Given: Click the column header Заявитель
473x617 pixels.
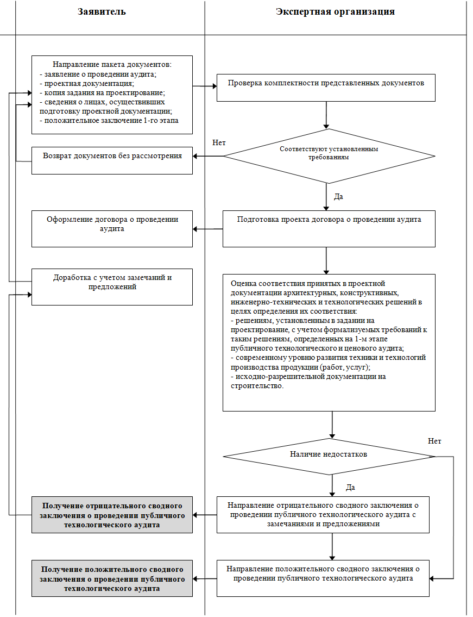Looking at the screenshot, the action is click(x=102, y=12).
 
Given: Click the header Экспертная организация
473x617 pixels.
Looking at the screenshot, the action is click(x=335, y=12).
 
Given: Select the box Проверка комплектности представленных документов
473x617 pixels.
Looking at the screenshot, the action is click(x=326, y=88).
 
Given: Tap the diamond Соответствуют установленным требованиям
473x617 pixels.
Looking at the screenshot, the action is click(x=329, y=156).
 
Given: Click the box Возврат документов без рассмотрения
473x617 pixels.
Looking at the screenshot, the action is click(x=112, y=160).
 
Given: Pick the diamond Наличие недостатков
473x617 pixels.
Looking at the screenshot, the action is click(x=329, y=457).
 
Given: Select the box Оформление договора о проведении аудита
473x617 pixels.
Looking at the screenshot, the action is click(x=112, y=229).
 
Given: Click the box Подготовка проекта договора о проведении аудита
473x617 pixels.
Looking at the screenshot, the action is click(x=329, y=229).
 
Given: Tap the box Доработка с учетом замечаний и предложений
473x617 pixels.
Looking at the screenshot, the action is click(x=112, y=287).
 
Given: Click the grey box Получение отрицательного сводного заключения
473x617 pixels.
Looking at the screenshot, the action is click(x=112, y=515).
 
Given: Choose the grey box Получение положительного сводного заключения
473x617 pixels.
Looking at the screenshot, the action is click(x=112, y=578).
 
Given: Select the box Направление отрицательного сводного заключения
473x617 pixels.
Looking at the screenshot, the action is click(x=323, y=515).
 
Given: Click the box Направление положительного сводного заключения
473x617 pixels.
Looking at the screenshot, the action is click(x=323, y=578).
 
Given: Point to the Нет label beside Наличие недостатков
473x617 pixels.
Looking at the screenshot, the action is click(x=434, y=441).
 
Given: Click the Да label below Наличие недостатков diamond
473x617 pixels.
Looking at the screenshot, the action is click(x=350, y=488).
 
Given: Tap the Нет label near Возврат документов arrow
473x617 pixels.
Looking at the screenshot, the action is click(x=219, y=143).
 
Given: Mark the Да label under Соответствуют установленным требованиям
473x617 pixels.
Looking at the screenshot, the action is click(x=338, y=196).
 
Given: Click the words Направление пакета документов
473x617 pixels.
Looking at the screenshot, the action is click(x=112, y=65).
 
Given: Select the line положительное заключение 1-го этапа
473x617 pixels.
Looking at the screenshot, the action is click(x=109, y=120).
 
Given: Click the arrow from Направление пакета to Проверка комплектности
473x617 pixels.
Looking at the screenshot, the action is click(x=204, y=86).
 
